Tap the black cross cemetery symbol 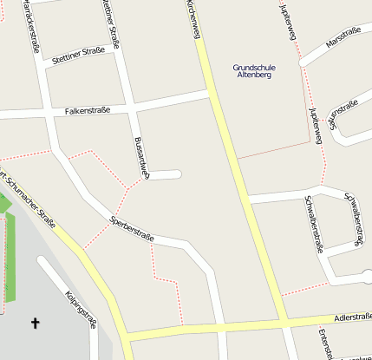pos(36,324)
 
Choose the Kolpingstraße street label pos(80,310)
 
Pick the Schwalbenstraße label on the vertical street pos(313,223)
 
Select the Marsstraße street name pos(343,36)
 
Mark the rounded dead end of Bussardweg pos(177,174)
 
